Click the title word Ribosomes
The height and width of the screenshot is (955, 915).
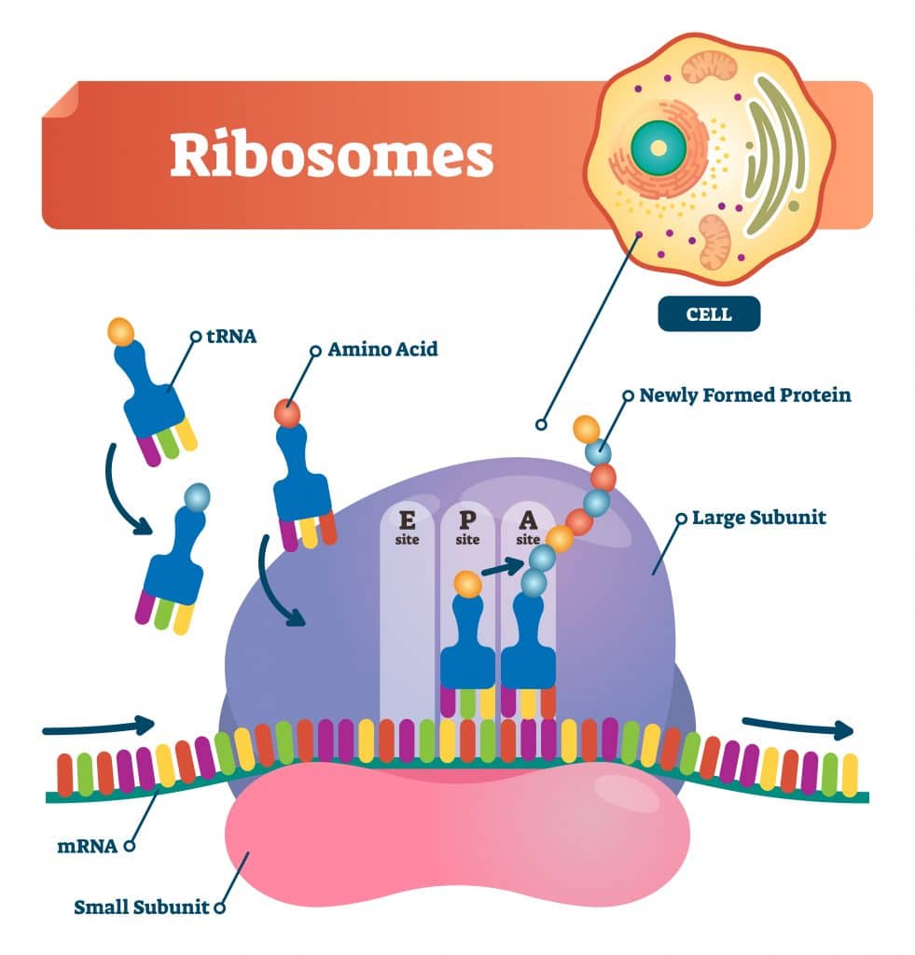coord(331,157)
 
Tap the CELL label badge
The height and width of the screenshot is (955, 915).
coord(709,314)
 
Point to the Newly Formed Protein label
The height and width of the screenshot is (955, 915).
coord(744,394)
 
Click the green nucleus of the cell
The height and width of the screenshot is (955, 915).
coord(658,148)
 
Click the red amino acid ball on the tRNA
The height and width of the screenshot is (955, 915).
coord(286,411)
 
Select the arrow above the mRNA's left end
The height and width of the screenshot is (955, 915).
coord(98,726)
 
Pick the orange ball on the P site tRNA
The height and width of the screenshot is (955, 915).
coord(467,585)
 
